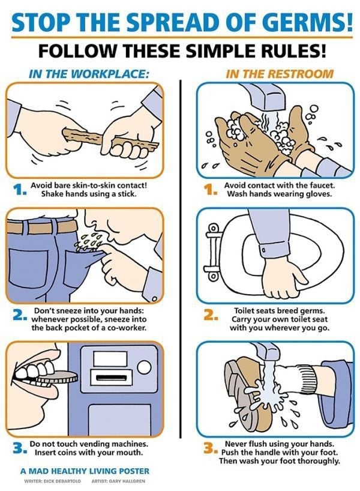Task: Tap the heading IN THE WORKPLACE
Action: [x=88, y=74]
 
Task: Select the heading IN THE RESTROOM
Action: [x=280, y=74]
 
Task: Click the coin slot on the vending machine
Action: [x=112, y=378]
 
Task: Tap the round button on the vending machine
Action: [x=144, y=367]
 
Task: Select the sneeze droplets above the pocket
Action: [x=89, y=241]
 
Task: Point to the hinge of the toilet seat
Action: [x=212, y=251]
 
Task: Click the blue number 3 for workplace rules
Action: [x=19, y=448]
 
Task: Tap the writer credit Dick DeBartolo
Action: [x=52, y=481]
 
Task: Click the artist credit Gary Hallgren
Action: [x=118, y=481]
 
